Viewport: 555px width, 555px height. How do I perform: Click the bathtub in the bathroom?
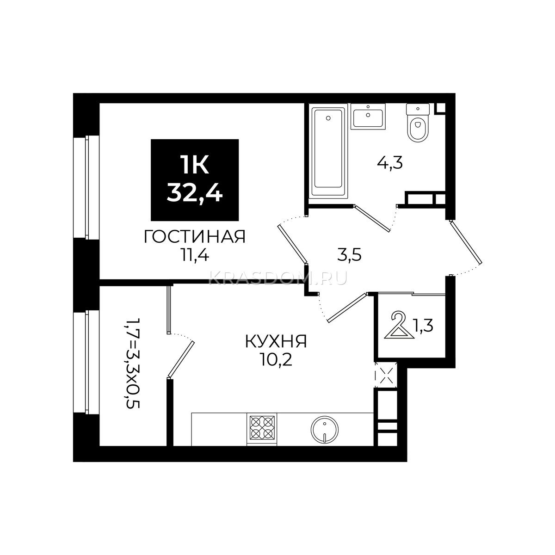[x=328, y=151]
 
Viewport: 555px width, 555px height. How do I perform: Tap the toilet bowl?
[x=418, y=123]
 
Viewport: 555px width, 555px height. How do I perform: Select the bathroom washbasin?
[x=368, y=117]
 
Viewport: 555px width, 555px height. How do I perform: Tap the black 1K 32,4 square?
[x=195, y=180]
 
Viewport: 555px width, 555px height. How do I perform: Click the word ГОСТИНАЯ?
[x=194, y=237]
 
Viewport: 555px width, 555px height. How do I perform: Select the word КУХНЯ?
[x=276, y=342]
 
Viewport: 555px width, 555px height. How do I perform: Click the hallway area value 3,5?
[x=349, y=255]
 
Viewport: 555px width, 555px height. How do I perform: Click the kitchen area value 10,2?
[x=276, y=360]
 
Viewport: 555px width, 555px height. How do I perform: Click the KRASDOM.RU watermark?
[x=277, y=278]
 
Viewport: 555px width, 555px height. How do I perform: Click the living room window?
[x=86, y=187]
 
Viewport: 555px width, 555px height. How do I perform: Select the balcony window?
[x=86, y=362]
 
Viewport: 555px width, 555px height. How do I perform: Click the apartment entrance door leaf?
[x=466, y=242]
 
